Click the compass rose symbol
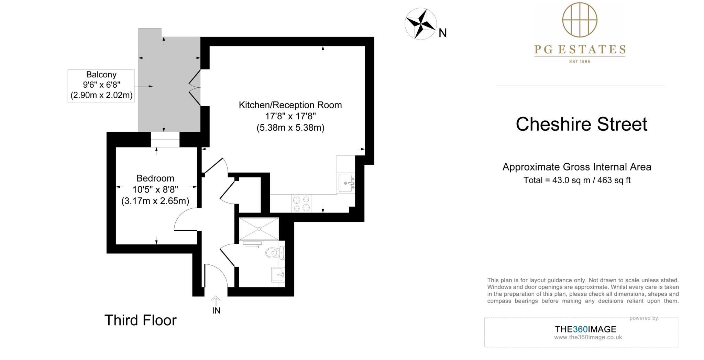[420, 24]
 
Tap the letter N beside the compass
[443, 33]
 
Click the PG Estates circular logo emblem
[580, 20]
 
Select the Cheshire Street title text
[581, 124]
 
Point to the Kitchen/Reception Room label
[290, 105]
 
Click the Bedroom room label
[155, 178]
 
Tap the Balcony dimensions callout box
[101, 85]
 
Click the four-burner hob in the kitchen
[301, 203]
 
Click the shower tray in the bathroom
[259, 229]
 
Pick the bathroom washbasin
[278, 274]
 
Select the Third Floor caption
[140, 320]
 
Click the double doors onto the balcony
[195, 88]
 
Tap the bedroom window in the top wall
[165, 140]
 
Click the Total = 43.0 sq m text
[577, 180]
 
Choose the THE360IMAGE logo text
[585, 329]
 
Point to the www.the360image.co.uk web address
[588, 337]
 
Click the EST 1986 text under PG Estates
[580, 62]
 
